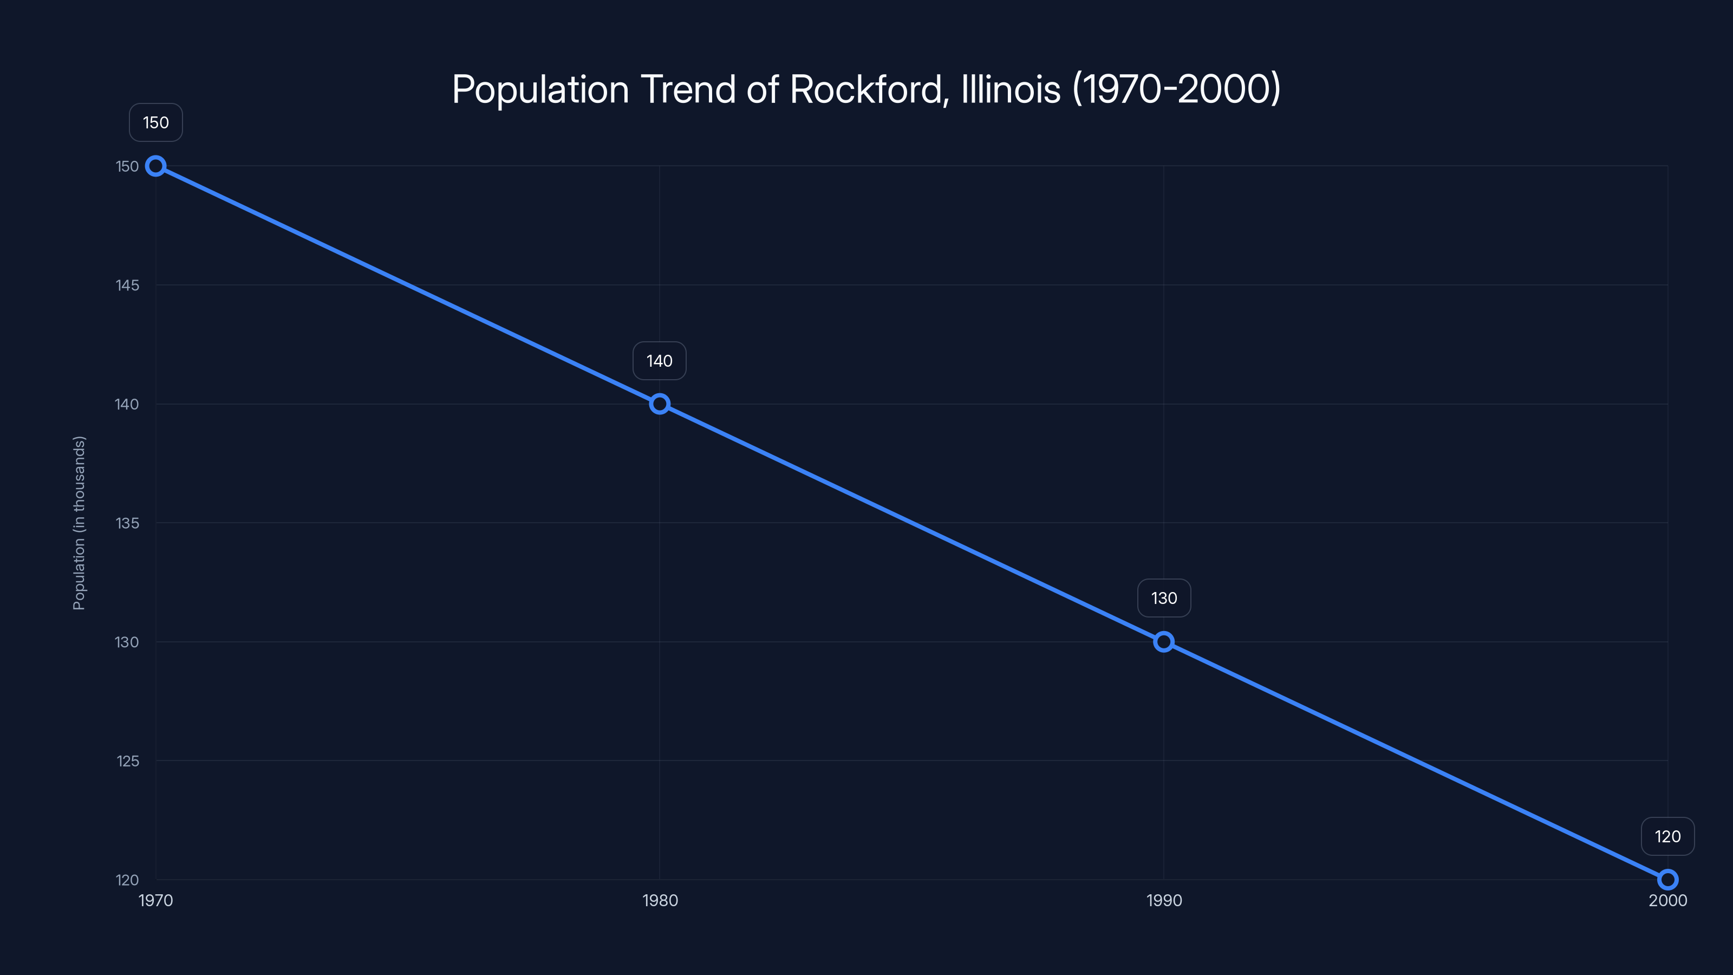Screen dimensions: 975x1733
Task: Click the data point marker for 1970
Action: pos(155,166)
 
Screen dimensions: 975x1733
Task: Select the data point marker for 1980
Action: pos(659,404)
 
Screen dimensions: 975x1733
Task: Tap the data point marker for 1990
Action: pos(1164,642)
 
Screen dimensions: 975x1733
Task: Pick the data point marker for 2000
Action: pos(1667,880)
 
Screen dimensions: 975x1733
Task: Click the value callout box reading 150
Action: pos(155,122)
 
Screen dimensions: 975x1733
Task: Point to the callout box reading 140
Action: pos(659,361)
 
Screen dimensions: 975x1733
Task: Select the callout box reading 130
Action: pos(1164,598)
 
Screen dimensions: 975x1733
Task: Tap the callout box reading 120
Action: pos(1667,836)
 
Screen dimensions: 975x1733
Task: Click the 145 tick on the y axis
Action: pos(127,285)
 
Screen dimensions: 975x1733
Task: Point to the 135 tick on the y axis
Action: pos(127,523)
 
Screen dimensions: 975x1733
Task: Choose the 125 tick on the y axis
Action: pos(127,761)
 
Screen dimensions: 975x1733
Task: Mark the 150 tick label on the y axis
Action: pos(127,166)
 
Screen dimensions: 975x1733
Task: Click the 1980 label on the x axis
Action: pos(659,900)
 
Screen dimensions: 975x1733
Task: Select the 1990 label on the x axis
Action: pos(1164,900)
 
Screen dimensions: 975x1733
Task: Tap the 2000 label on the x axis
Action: pos(1667,900)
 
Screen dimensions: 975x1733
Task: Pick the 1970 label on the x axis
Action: pos(155,900)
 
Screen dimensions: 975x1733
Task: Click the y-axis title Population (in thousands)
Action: pos(79,523)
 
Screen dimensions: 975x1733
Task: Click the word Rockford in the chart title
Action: pos(868,89)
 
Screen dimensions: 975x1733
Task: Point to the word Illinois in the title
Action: pos(1011,89)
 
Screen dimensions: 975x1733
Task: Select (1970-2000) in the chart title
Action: pos(1176,89)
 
